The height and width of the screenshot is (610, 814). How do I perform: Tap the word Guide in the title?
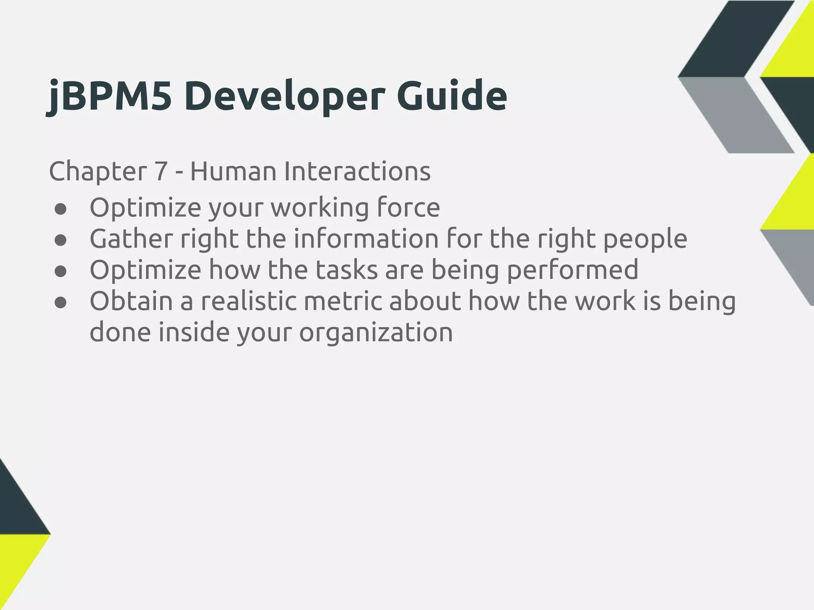click(x=452, y=97)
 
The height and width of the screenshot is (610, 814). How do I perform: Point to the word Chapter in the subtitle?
click(x=98, y=172)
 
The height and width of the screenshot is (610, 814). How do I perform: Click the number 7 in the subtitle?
click(x=160, y=172)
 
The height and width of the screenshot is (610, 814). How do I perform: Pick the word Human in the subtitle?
click(x=233, y=172)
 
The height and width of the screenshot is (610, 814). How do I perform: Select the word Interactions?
click(x=357, y=172)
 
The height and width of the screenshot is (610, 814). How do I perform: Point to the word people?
click(x=645, y=239)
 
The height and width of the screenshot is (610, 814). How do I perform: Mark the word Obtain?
click(x=131, y=301)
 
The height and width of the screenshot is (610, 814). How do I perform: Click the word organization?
click(x=376, y=333)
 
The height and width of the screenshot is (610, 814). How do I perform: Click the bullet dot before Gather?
click(x=60, y=240)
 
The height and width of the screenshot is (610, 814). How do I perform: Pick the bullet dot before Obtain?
click(x=60, y=303)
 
